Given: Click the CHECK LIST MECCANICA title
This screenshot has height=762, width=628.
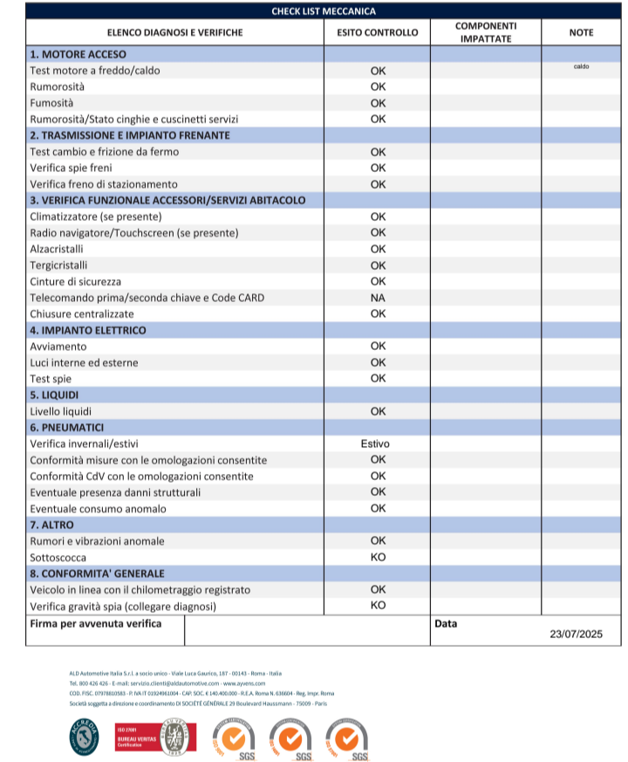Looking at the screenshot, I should point(324,11).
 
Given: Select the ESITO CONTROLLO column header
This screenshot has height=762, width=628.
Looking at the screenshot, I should point(378,33).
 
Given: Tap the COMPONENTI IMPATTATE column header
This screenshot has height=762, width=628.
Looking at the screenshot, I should point(485,33).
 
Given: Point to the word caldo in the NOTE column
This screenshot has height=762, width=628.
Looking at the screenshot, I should point(581,66).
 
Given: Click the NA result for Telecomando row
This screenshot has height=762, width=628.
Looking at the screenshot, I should point(378,298).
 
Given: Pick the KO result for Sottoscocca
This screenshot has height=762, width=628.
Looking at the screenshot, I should point(378,557).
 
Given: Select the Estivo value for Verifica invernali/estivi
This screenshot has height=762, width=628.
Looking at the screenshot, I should point(376,443).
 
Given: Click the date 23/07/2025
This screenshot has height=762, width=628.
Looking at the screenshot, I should point(577,634).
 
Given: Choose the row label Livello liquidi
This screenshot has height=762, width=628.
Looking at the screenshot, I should point(61,411).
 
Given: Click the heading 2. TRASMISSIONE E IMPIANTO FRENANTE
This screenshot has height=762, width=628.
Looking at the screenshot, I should point(130,135).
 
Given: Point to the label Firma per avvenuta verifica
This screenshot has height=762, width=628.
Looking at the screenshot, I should point(96,624).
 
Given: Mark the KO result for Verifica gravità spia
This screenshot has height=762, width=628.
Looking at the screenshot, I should point(378,605).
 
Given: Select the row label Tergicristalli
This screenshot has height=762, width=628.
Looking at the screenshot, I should point(58,265).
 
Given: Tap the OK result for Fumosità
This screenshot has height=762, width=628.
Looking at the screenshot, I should point(378,103).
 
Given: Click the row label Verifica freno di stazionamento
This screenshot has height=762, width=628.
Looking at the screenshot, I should point(104,184).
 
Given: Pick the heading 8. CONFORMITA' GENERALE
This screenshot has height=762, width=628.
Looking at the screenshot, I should point(97,573).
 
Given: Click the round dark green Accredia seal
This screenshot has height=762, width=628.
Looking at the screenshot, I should point(85,738).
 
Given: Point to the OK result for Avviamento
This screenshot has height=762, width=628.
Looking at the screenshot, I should point(378,347).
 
